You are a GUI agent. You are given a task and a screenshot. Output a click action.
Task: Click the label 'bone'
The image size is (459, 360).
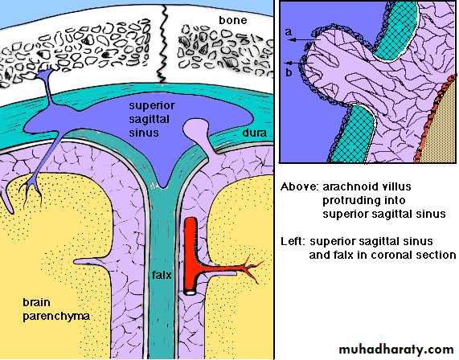[233, 20]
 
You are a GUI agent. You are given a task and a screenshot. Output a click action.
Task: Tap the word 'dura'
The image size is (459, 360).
[254, 133]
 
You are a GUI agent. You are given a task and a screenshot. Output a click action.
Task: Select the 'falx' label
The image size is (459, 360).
[162, 275]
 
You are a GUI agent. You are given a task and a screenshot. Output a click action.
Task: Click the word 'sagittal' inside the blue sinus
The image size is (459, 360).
[150, 119]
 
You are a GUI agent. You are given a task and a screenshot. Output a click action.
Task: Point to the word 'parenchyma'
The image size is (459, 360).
[56, 317]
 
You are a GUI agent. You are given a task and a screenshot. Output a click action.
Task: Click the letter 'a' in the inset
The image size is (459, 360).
[289, 32]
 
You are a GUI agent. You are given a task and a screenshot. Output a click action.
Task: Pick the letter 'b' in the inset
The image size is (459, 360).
[289, 72]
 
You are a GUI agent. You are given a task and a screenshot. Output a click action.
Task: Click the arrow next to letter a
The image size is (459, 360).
[305, 39]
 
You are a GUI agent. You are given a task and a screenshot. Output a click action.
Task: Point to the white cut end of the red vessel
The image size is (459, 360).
[191, 292]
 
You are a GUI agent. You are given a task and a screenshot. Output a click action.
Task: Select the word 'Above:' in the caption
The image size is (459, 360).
[300, 186]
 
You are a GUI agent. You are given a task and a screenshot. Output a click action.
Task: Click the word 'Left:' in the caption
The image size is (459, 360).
[293, 241]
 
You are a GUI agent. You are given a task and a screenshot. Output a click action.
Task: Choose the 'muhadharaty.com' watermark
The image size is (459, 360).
[396, 350]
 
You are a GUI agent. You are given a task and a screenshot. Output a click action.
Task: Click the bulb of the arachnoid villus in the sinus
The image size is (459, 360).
[196, 127]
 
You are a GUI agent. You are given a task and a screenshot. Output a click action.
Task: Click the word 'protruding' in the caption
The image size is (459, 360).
[364, 201]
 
